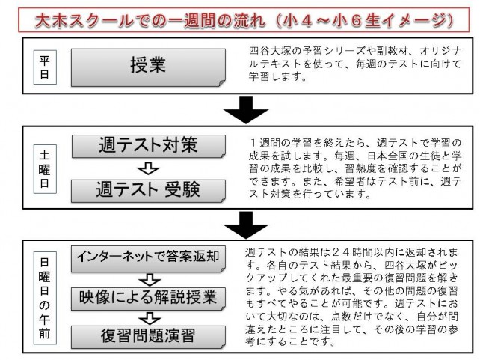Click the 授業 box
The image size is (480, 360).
147,65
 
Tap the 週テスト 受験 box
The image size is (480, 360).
147,189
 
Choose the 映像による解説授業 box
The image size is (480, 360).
147,297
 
